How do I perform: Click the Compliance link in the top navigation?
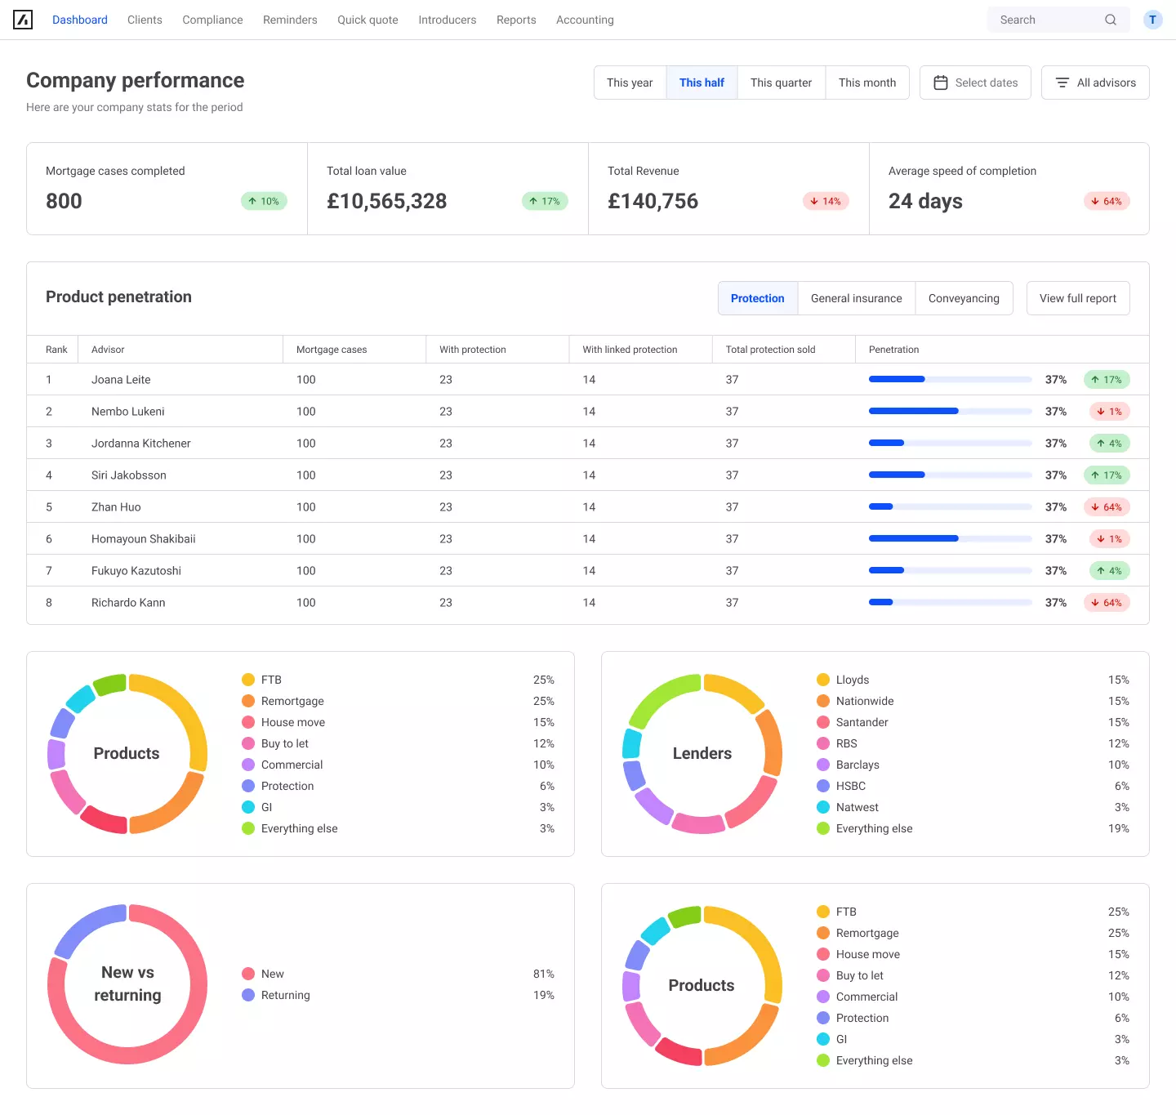pos(212,20)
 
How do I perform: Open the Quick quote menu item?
pos(367,20)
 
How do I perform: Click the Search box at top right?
pos(1049,20)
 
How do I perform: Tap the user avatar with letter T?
pos(1152,20)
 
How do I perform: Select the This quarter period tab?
pos(781,83)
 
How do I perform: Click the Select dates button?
pos(975,83)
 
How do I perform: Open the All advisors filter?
pos(1095,83)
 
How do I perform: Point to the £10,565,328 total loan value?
pos(386,201)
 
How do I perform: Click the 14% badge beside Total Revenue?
pos(826,201)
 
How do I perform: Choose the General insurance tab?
pos(856,298)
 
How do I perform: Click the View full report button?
pos(1077,298)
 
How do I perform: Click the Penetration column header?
pos(893,350)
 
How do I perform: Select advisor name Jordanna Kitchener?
pos(140,444)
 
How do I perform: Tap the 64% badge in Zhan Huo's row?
pos(1107,507)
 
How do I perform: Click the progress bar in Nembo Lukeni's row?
pos(950,412)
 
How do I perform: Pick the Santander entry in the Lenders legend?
pos(862,722)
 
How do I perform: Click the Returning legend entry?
pos(285,995)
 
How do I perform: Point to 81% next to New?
pos(543,974)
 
